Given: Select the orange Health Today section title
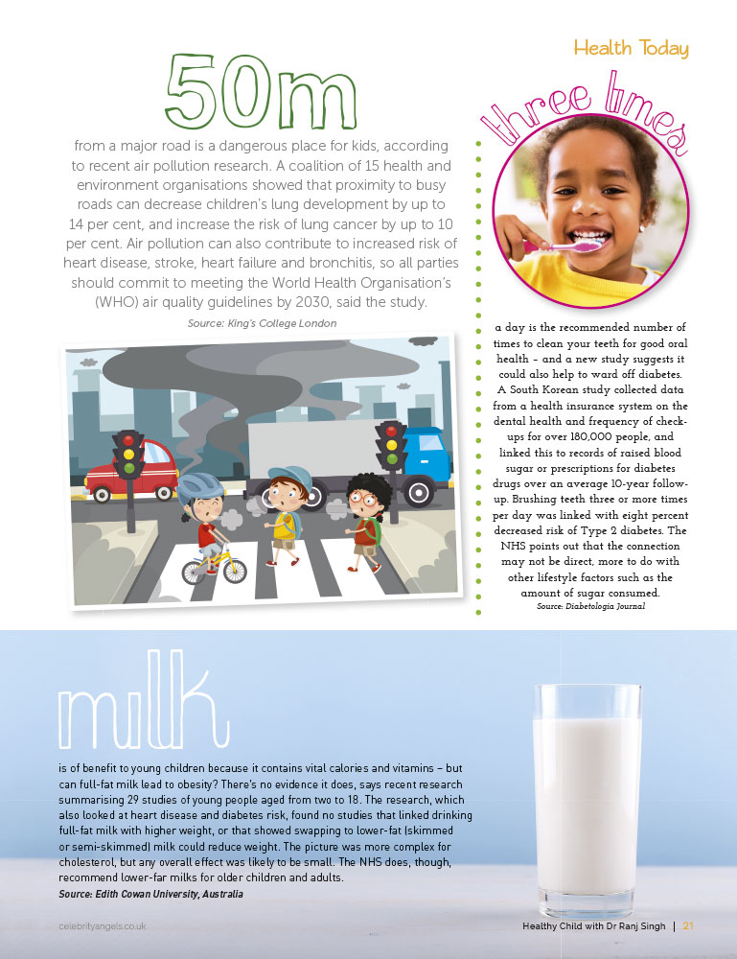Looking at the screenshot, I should click(x=631, y=48).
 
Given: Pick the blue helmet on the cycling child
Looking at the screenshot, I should click(x=200, y=486).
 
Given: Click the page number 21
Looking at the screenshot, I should click(x=688, y=925).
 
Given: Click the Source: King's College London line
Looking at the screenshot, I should click(x=262, y=323).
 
